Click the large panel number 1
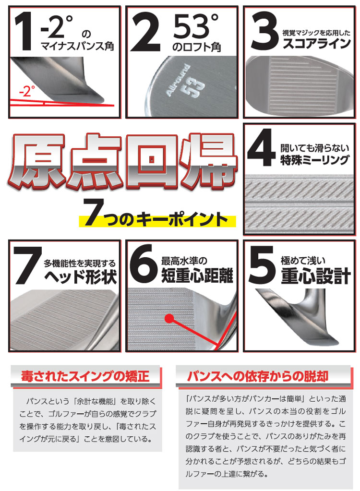pyautogui.click(x=24, y=31)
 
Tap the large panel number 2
pyautogui.click(x=145, y=31)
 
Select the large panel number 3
pyautogui.click(x=264, y=31)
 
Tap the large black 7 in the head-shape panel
pyautogui.click(x=27, y=265)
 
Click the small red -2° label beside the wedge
pyautogui.click(x=26, y=92)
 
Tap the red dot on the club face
pyautogui.click(x=169, y=319)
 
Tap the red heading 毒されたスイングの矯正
pyautogui.click(x=85, y=376)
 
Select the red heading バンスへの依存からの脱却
pyautogui.click(x=258, y=376)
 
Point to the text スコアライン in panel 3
pyautogui.click(x=316, y=44)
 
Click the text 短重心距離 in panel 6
pyautogui.click(x=197, y=275)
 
